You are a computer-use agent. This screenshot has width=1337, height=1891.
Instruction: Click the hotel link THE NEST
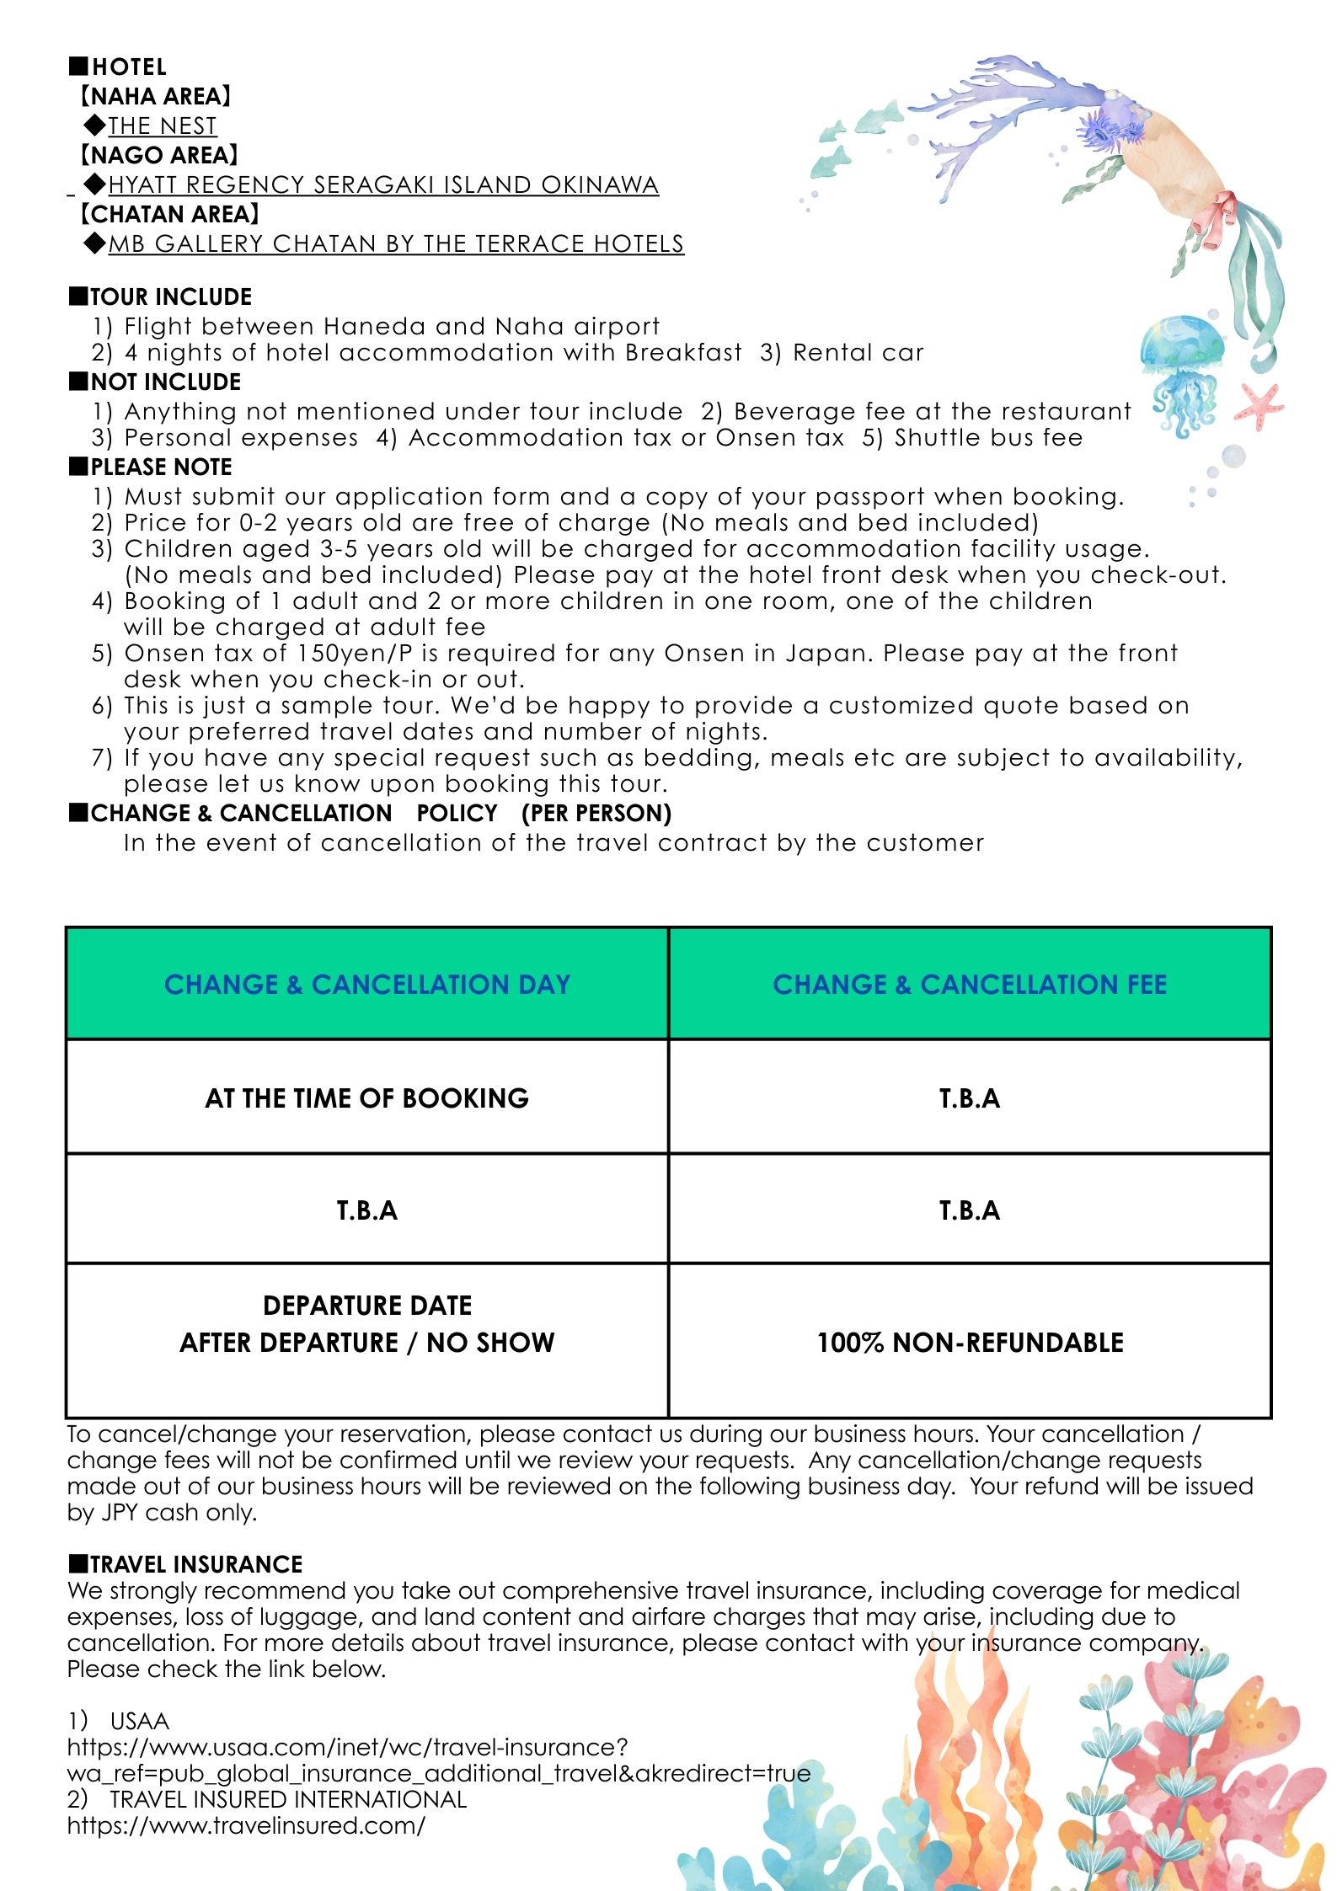pyautogui.click(x=162, y=126)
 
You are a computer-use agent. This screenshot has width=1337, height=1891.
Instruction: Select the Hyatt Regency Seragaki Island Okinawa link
pyautogui.click(x=383, y=184)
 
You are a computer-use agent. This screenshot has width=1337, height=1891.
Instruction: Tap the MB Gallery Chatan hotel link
pyautogui.click(x=396, y=243)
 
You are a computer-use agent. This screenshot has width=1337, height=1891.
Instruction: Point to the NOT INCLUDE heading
pyautogui.click(x=165, y=382)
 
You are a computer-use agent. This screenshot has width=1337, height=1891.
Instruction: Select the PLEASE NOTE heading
pyautogui.click(x=161, y=467)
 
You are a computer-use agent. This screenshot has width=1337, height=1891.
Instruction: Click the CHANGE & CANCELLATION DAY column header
pyautogui.click(x=367, y=984)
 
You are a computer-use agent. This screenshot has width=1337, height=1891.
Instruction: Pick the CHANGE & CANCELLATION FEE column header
pyautogui.click(x=970, y=984)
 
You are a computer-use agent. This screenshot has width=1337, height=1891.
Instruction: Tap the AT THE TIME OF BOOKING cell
pyautogui.click(x=367, y=1098)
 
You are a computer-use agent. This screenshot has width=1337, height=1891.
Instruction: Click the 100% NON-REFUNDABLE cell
pyautogui.click(x=970, y=1342)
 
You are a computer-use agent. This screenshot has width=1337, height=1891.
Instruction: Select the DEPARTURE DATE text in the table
pyautogui.click(x=367, y=1305)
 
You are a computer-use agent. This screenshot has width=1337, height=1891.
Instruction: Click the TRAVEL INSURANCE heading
pyautogui.click(x=195, y=1564)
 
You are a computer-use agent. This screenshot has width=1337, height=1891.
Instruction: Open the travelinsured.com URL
pyautogui.click(x=246, y=1825)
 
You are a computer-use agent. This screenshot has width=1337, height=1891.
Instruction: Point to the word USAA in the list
pyautogui.click(x=140, y=1720)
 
